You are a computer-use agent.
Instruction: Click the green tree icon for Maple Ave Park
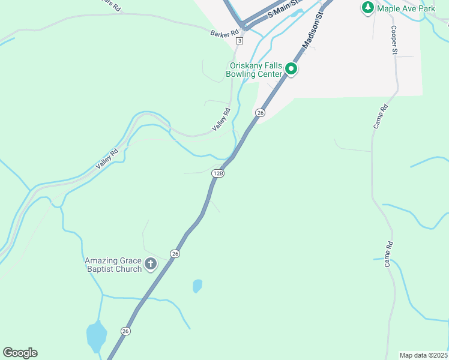tap(367, 8)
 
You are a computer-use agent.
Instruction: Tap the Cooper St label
tap(394, 40)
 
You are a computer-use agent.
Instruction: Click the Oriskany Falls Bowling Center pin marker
tap(292, 69)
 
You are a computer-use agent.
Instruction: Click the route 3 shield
tap(240, 41)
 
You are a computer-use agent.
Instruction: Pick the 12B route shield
tap(218, 173)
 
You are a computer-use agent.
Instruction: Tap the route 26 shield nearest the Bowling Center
tap(260, 113)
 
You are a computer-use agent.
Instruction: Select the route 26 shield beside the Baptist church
tap(175, 254)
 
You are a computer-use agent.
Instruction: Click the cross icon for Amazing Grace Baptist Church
tap(150, 263)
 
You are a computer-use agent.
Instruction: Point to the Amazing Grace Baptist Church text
tap(113, 265)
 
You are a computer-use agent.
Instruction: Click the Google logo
tap(20, 353)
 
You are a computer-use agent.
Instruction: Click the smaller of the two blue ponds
tap(197, 286)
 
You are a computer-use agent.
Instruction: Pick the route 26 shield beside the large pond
tap(125, 331)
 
